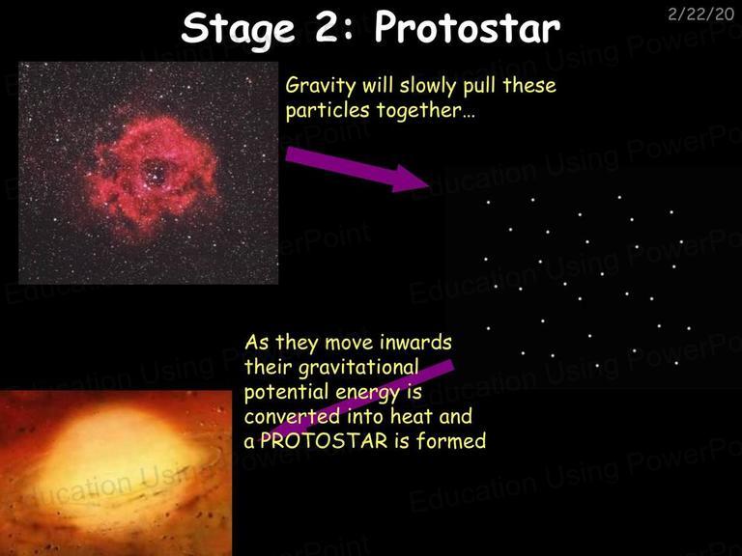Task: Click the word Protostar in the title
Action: click(x=467, y=27)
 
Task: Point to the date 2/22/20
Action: click(x=700, y=14)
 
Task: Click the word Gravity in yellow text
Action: click(x=321, y=87)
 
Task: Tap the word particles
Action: click(x=328, y=111)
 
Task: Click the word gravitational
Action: click(x=358, y=369)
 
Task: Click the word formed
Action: click(x=451, y=441)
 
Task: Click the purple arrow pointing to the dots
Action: click(x=357, y=168)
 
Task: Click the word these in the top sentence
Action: click(x=529, y=87)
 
